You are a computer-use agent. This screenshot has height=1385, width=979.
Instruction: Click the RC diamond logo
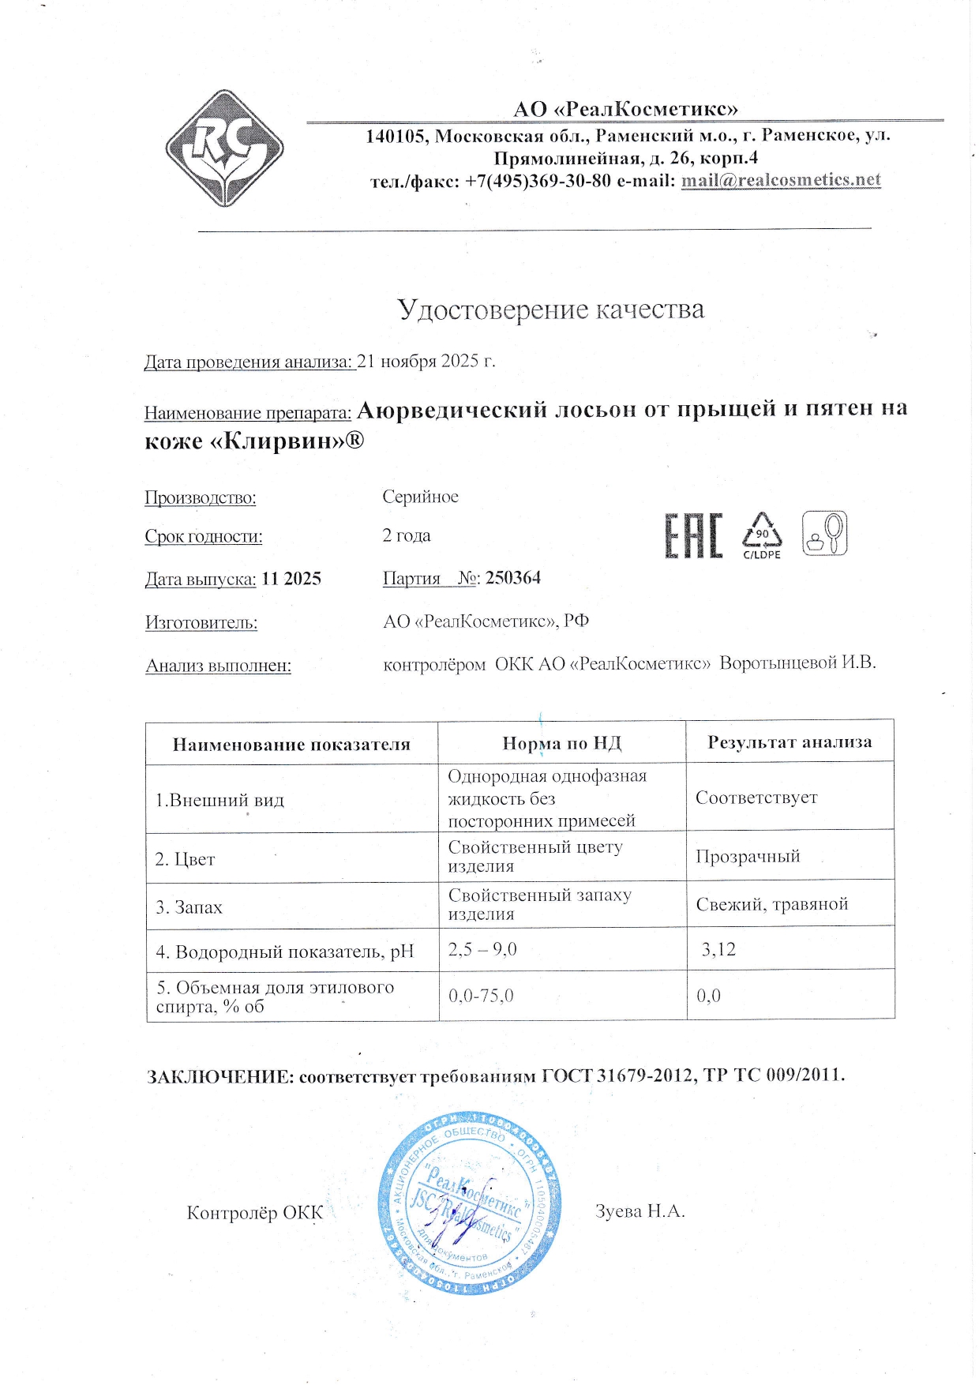tap(224, 148)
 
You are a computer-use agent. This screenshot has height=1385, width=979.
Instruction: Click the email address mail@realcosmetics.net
tap(780, 180)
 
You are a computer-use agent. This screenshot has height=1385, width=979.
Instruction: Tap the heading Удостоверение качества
tap(550, 310)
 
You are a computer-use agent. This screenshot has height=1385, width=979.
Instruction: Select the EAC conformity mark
tap(693, 536)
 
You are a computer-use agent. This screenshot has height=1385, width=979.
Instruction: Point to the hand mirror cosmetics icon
tap(824, 533)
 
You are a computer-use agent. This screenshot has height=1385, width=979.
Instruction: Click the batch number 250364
tap(513, 578)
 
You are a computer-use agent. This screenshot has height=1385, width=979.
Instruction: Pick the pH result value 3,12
tap(718, 949)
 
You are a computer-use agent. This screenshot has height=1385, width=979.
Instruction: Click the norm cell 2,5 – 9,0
tap(482, 949)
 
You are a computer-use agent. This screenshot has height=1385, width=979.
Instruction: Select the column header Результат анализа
tap(790, 742)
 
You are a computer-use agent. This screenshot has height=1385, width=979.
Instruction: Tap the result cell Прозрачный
tap(748, 857)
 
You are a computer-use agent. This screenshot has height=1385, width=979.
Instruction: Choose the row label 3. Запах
tap(189, 907)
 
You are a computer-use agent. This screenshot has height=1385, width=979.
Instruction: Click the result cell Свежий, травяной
tap(771, 904)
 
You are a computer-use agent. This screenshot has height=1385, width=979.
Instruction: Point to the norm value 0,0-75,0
tap(481, 996)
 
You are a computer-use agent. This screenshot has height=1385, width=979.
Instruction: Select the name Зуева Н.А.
tap(640, 1211)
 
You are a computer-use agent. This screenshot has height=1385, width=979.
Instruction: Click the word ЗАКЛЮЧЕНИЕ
tap(220, 1076)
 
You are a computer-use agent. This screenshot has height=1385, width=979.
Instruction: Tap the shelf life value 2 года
tap(407, 535)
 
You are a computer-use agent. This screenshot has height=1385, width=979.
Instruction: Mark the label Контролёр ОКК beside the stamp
tap(254, 1213)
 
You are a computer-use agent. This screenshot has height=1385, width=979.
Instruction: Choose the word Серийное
tap(420, 497)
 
